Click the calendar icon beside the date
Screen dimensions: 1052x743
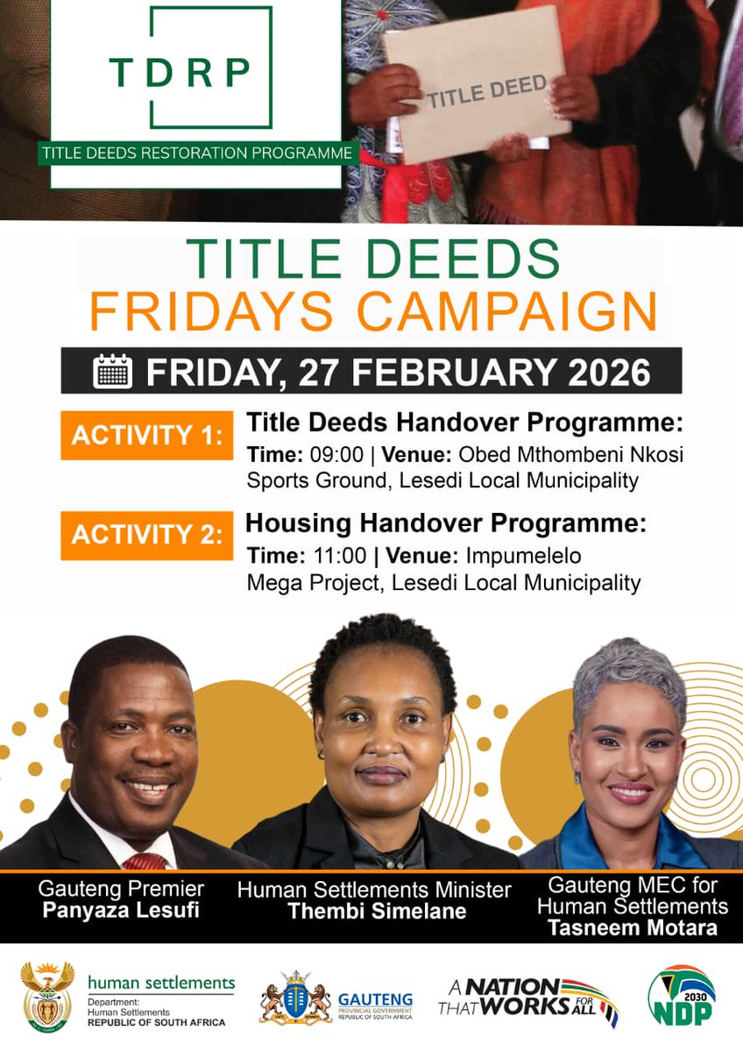point(112,371)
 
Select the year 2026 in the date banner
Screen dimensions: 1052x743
point(607,371)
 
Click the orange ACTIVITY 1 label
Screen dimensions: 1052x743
point(146,435)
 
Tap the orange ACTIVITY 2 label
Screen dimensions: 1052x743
point(146,535)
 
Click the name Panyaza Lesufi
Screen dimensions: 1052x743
point(121,911)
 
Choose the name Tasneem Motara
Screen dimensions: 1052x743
point(633,928)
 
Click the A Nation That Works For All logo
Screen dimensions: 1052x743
point(527,999)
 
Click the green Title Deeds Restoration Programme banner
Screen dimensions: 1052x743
point(196,153)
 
